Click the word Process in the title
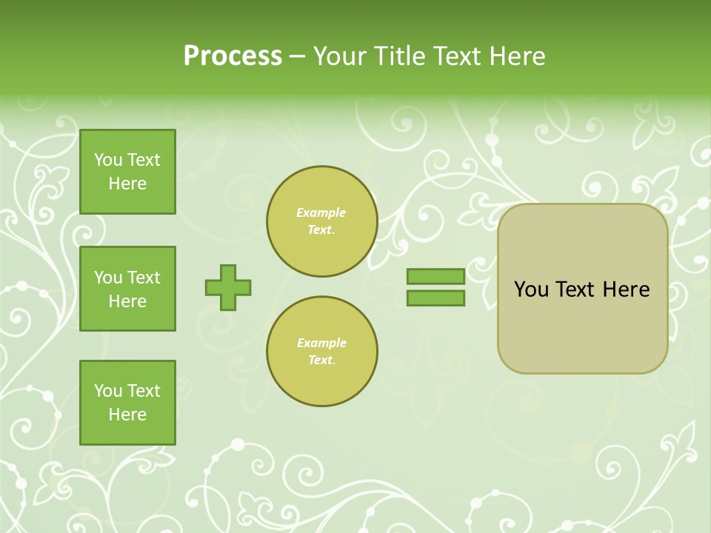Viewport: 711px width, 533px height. (233, 56)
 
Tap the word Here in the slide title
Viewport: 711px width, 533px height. (516, 56)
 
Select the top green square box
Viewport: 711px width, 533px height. (127, 172)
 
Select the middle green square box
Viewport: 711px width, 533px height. (127, 289)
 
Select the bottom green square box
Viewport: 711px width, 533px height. (127, 403)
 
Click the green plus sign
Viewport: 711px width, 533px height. (228, 287)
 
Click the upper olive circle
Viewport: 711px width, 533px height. (321, 221)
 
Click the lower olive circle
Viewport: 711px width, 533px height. (321, 352)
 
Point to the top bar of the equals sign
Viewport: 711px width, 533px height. (435, 277)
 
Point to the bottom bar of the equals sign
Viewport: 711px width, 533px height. (435, 298)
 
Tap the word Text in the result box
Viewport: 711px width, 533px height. (575, 289)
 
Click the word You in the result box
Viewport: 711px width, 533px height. (530, 289)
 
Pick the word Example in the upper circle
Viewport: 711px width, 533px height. (321, 213)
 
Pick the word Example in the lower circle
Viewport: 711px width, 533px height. (321, 343)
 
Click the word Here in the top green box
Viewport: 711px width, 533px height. (127, 184)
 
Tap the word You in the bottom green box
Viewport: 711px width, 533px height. (107, 391)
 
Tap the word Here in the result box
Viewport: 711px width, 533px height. (626, 289)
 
